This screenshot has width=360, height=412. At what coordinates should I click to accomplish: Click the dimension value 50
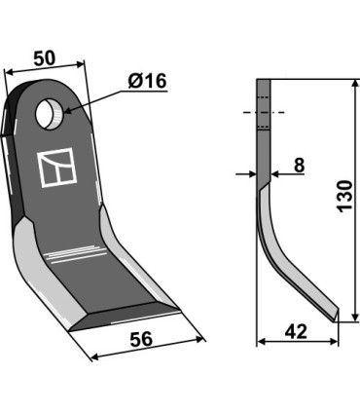tap(45, 58)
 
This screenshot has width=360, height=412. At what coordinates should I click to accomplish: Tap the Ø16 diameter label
tap(147, 81)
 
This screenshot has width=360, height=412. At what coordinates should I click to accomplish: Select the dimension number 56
tap(141, 339)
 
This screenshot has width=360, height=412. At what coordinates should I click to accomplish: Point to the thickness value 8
tap(299, 165)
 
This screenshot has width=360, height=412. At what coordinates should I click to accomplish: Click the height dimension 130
tap(344, 197)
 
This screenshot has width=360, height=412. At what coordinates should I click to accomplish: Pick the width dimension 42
tap(296, 332)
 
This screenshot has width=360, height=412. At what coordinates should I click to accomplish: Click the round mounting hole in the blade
tap(51, 114)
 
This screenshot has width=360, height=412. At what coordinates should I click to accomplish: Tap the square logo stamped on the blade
tap(57, 168)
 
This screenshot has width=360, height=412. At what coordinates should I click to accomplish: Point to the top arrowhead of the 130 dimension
tap(355, 84)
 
